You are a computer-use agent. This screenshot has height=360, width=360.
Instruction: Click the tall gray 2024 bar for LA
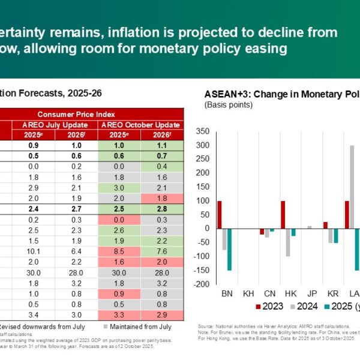click(x=352, y=187)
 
